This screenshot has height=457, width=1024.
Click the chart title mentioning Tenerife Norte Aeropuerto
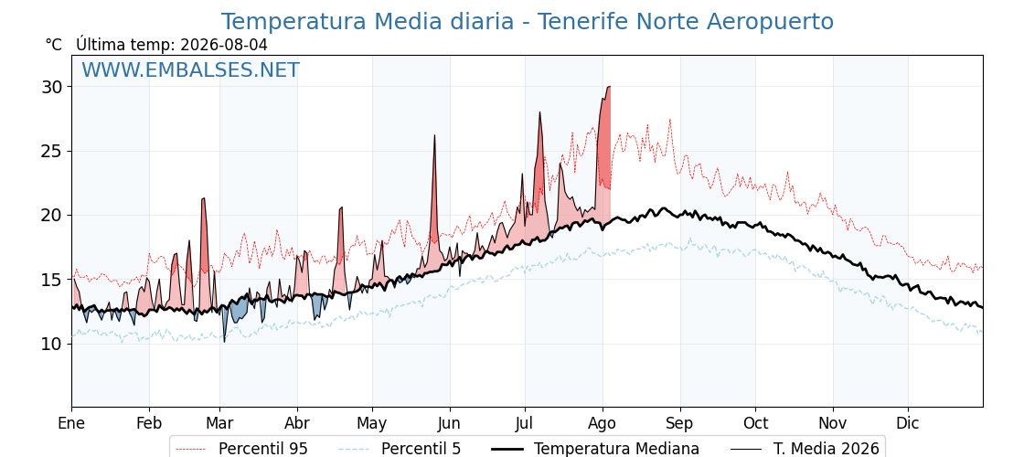click(x=527, y=22)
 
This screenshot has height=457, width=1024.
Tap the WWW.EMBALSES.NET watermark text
click(x=191, y=69)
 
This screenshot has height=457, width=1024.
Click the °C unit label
click(x=54, y=45)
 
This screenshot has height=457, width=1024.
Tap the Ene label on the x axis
click(x=71, y=424)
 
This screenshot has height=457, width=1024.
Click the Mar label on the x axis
click(x=219, y=424)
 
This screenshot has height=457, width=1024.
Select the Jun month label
click(x=449, y=424)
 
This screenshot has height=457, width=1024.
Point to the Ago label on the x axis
click(x=603, y=424)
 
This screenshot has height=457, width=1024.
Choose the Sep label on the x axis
click(x=680, y=424)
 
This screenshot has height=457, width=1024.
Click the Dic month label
click(x=908, y=424)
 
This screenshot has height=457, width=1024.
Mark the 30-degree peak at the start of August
click(x=609, y=86)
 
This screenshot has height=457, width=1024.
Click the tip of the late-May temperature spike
click(x=434, y=135)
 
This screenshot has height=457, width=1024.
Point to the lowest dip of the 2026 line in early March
click(x=225, y=342)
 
